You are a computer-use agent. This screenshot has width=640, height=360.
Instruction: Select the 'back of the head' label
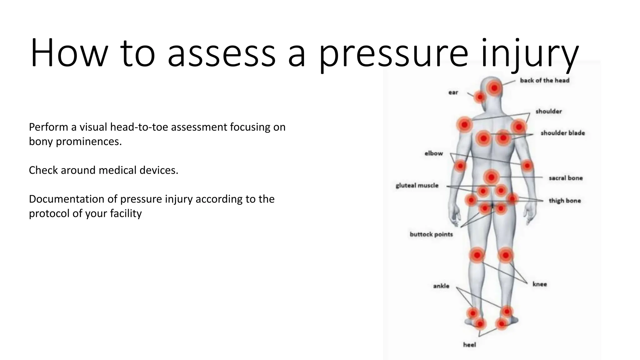544,80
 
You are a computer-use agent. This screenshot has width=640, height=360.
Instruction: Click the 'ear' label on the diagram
453,92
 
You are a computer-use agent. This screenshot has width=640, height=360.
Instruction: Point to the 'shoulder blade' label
562,133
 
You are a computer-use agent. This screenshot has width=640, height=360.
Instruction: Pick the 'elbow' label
433,153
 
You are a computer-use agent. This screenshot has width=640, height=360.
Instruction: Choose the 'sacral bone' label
566,178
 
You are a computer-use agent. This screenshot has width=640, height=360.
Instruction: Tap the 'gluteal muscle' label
417,185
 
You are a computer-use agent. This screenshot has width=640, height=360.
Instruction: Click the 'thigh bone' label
565,201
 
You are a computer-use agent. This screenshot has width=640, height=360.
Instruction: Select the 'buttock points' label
431,234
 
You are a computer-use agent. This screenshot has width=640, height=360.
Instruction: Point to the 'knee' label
540,284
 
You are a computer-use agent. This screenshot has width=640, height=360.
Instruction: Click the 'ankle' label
441,286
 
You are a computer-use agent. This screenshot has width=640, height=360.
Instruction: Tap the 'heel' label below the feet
469,345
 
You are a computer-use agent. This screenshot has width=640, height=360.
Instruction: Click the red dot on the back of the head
494,88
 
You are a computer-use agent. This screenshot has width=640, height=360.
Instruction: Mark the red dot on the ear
480,97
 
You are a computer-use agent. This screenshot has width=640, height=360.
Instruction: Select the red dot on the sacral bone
491,177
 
